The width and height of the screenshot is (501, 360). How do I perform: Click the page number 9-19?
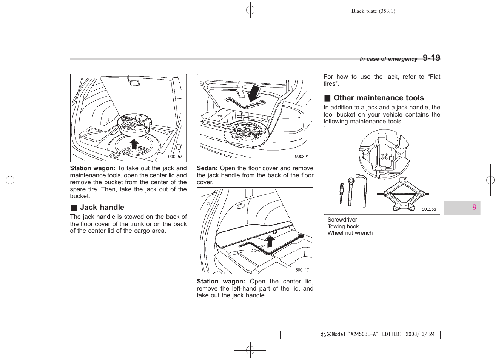[x=431, y=58]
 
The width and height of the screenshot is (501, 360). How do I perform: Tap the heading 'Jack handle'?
[x=102, y=207]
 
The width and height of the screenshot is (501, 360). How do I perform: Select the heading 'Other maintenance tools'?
[x=378, y=98]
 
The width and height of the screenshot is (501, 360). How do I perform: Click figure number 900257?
[x=175, y=157]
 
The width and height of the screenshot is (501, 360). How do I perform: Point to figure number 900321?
[x=302, y=157]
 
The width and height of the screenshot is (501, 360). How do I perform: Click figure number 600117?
[x=302, y=270]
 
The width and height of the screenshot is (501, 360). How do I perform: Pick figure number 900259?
[x=429, y=209]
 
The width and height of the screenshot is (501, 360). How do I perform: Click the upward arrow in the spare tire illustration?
[x=134, y=144]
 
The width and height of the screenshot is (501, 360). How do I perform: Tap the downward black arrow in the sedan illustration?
[x=254, y=93]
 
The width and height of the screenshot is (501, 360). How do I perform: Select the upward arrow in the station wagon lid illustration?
[x=270, y=240]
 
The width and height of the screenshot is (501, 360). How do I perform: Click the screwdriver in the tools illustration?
[x=342, y=193]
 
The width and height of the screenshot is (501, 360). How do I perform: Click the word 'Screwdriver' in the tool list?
[x=342, y=220]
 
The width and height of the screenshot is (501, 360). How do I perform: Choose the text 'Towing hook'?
[x=343, y=226]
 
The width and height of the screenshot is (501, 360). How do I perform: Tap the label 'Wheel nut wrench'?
[x=350, y=233]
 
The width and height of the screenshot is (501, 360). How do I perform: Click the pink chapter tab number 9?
[x=474, y=207]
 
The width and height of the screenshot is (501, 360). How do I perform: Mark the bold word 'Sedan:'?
[x=207, y=168]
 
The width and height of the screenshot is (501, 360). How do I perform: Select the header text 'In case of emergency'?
[x=388, y=59]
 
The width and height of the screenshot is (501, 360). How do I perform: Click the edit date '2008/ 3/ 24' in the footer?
[x=420, y=334]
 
